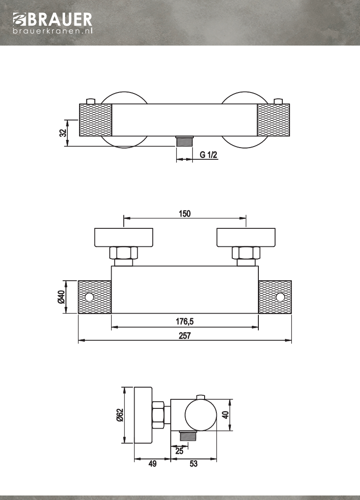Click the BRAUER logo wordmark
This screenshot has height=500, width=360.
(x=53, y=20)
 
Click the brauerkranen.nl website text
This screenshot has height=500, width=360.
(x=53, y=31)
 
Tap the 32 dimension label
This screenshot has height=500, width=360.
(x=64, y=133)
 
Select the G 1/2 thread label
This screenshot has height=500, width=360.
(x=209, y=155)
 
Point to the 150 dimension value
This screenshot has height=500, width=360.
(x=184, y=213)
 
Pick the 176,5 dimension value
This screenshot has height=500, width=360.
(x=184, y=321)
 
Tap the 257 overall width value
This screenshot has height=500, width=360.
(x=184, y=335)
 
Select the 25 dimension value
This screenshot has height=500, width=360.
(x=179, y=451)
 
